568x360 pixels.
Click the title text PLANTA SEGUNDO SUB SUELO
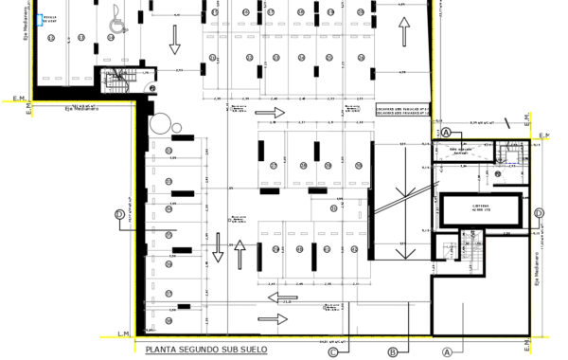coord(205,349)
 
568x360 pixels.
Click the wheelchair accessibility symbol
coord(116,20)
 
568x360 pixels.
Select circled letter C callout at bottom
coord(333,353)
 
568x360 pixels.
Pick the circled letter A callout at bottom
coord(446,352)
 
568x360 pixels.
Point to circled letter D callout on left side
coord(118,214)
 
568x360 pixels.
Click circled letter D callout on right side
coord(538,213)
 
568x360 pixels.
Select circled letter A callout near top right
coord(445,133)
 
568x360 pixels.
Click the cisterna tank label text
coord(481,208)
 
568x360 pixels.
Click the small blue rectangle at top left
coord(39,18)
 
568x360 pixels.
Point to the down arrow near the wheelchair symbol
coord(175,38)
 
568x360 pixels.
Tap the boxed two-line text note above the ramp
coord(403,112)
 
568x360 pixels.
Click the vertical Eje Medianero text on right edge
coord(536,271)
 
